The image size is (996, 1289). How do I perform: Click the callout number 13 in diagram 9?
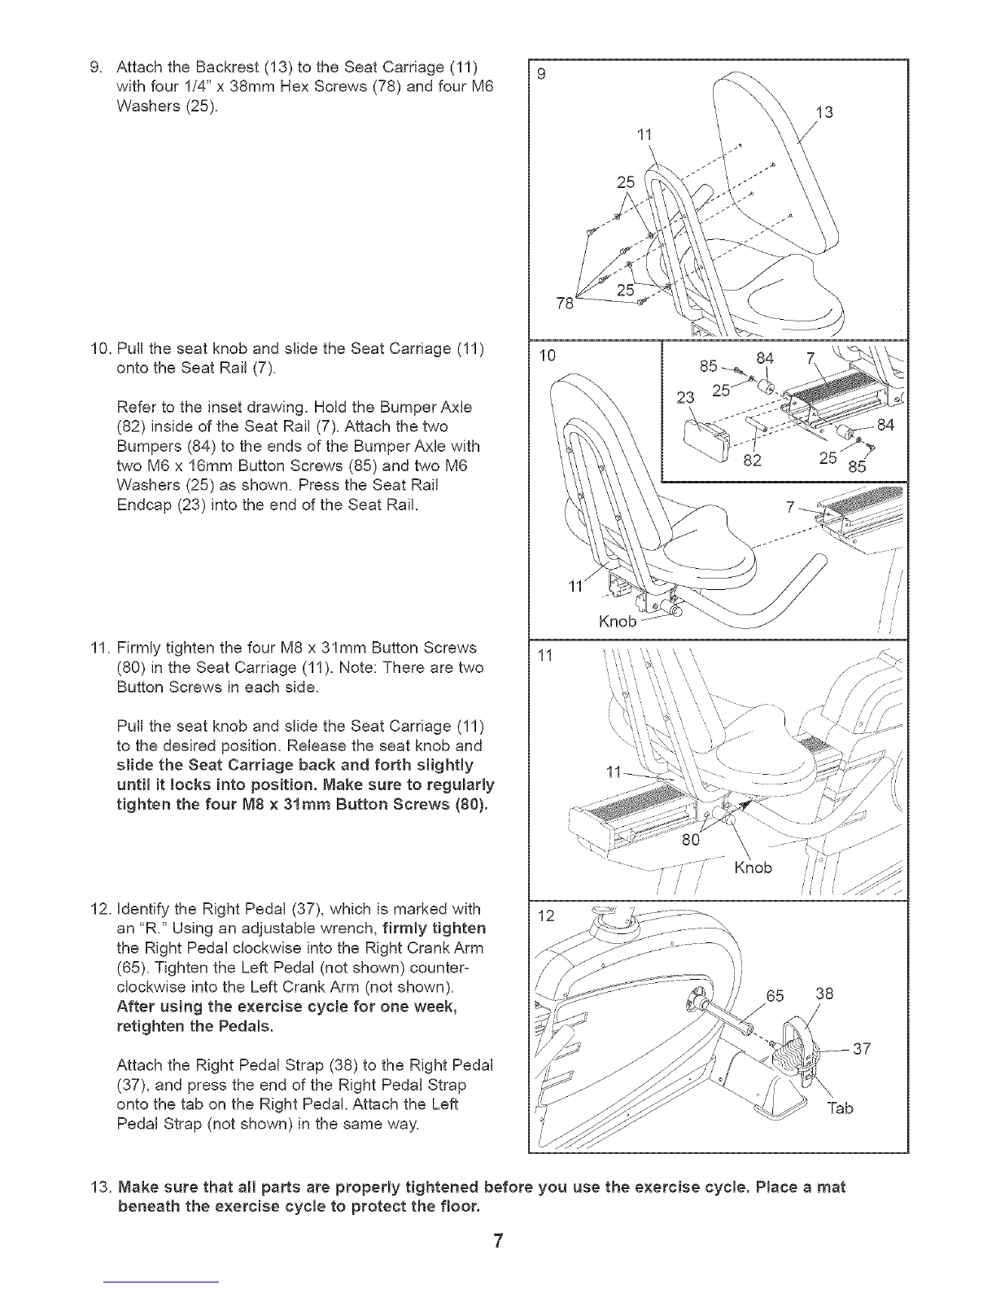(824, 112)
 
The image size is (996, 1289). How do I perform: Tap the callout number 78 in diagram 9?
(566, 304)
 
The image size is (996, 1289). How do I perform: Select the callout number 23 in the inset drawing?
(685, 397)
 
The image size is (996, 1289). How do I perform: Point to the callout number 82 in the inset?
(752, 461)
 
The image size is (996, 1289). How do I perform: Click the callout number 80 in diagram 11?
(691, 839)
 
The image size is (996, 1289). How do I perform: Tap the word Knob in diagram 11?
(754, 867)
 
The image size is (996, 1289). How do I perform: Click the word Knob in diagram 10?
(618, 621)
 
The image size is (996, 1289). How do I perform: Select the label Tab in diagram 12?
(840, 1108)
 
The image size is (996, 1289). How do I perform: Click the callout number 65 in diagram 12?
(775, 995)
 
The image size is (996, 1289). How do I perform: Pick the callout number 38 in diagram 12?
(824, 993)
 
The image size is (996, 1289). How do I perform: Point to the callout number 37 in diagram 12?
(862, 1049)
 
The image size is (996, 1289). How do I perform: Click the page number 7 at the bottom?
(498, 1241)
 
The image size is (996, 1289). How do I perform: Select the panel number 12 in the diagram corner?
(546, 915)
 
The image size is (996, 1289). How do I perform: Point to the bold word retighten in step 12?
(149, 1026)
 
